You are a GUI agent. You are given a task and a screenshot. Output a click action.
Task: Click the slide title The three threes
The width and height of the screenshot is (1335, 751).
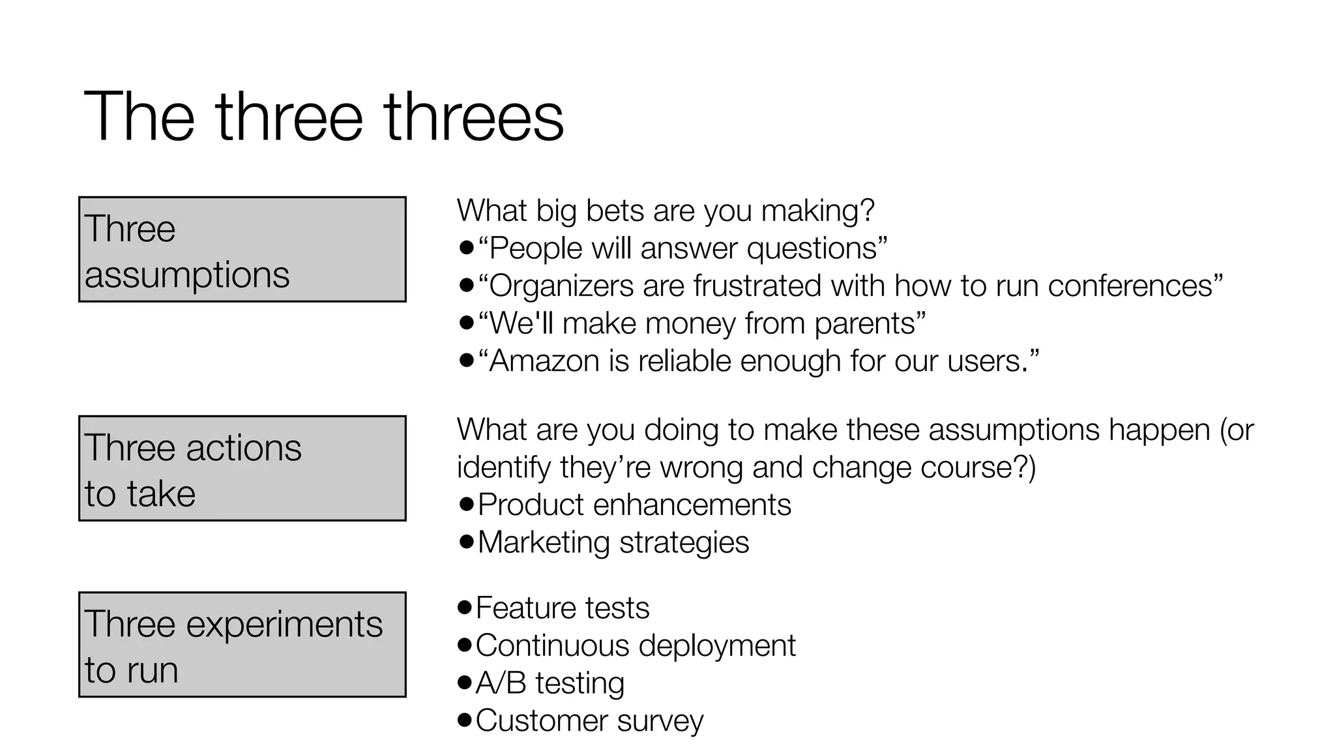[x=323, y=117]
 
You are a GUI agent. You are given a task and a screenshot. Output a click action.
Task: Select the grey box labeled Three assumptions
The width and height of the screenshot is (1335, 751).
[x=242, y=250]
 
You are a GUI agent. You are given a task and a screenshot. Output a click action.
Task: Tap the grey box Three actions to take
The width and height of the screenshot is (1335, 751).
[x=242, y=468]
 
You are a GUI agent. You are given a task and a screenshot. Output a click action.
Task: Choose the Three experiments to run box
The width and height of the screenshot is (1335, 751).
[x=242, y=645]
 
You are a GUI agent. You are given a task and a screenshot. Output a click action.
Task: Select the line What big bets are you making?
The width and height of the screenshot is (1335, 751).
[x=665, y=211]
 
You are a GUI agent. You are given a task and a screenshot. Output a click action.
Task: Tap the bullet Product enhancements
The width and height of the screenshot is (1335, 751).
[x=634, y=505]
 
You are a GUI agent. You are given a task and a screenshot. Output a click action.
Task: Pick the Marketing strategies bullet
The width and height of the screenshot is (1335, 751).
[x=613, y=542]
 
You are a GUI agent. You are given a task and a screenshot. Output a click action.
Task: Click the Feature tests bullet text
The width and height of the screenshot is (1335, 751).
[x=562, y=608]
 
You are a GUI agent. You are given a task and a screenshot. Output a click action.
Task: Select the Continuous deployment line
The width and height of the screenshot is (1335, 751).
[x=635, y=646]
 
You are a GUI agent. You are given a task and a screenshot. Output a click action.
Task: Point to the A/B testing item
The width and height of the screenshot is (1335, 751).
[x=550, y=683]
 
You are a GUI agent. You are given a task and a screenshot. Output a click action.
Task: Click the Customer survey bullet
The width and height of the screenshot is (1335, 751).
[x=589, y=721]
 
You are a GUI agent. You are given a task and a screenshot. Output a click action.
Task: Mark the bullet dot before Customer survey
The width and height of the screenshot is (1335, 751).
[x=465, y=720]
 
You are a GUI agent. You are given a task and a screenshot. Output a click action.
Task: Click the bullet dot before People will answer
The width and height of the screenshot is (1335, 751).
[x=466, y=248]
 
